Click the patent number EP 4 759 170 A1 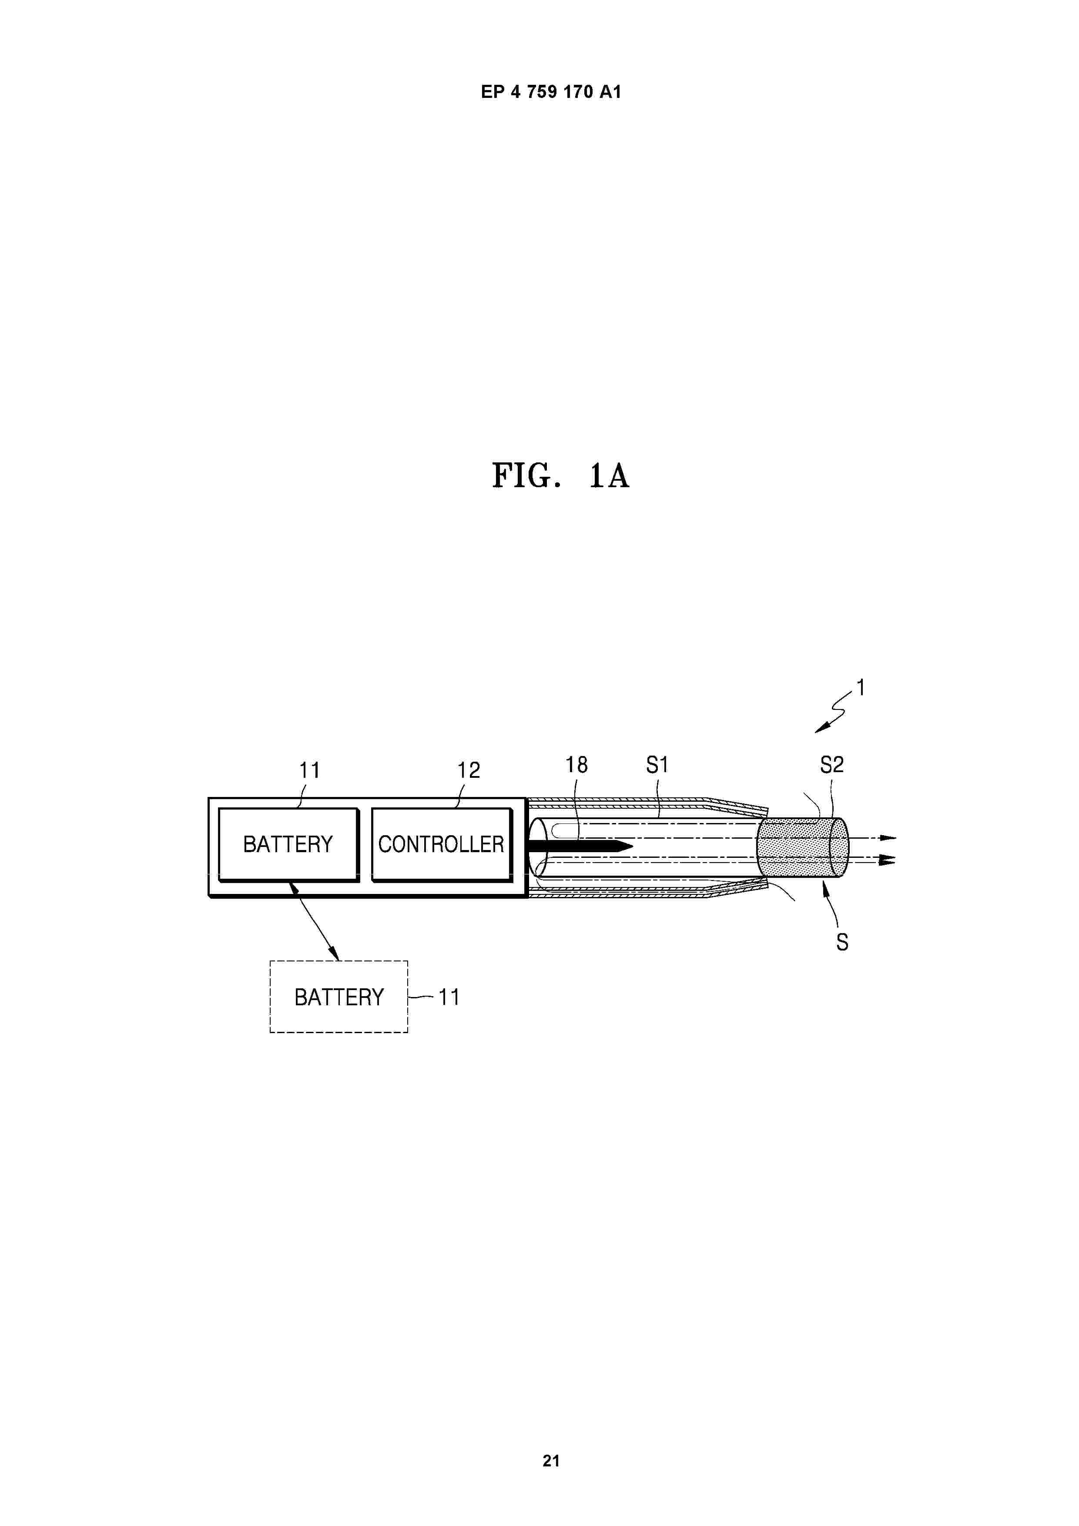coord(551,92)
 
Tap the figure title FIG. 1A coord(560,476)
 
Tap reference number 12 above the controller coord(468,770)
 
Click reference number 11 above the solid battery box coord(310,770)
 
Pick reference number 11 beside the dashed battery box coord(449,997)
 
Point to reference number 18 coord(576,765)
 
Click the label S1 coord(657,765)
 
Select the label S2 coord(832,765)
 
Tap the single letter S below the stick coord(842,943)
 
